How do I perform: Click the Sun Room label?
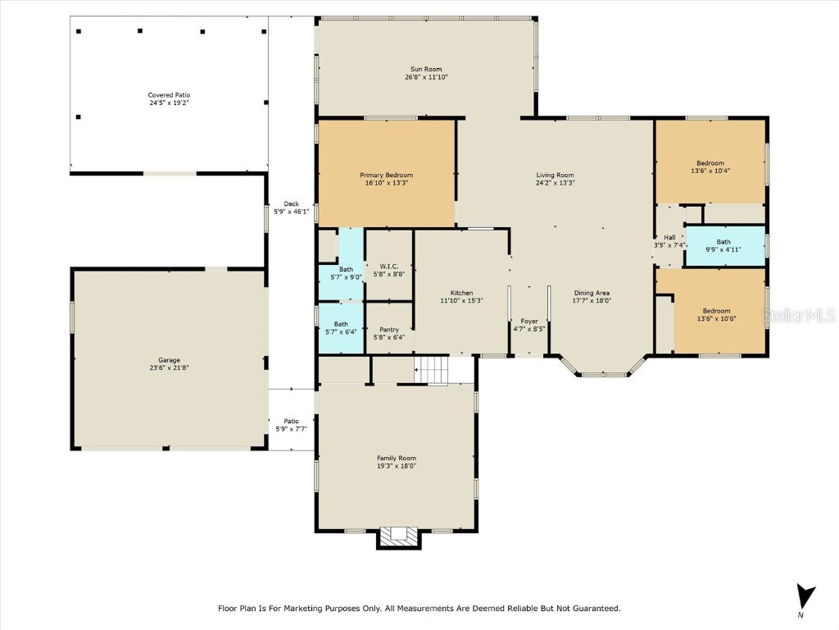click(x=426, y=69)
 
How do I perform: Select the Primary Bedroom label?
click(x=386, y=175)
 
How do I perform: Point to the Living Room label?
click(x=555, y=175)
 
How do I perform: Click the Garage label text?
click(x=169, y=360)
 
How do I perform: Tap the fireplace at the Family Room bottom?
click(x=398, y=536)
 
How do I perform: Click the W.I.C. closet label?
click(x=388, y=266)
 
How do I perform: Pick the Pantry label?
click(x=388, y=329)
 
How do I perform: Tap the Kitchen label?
click(x=461, y=293)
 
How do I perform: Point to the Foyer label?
click(x=529, y=321)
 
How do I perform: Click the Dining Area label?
click(x=591, y=293)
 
